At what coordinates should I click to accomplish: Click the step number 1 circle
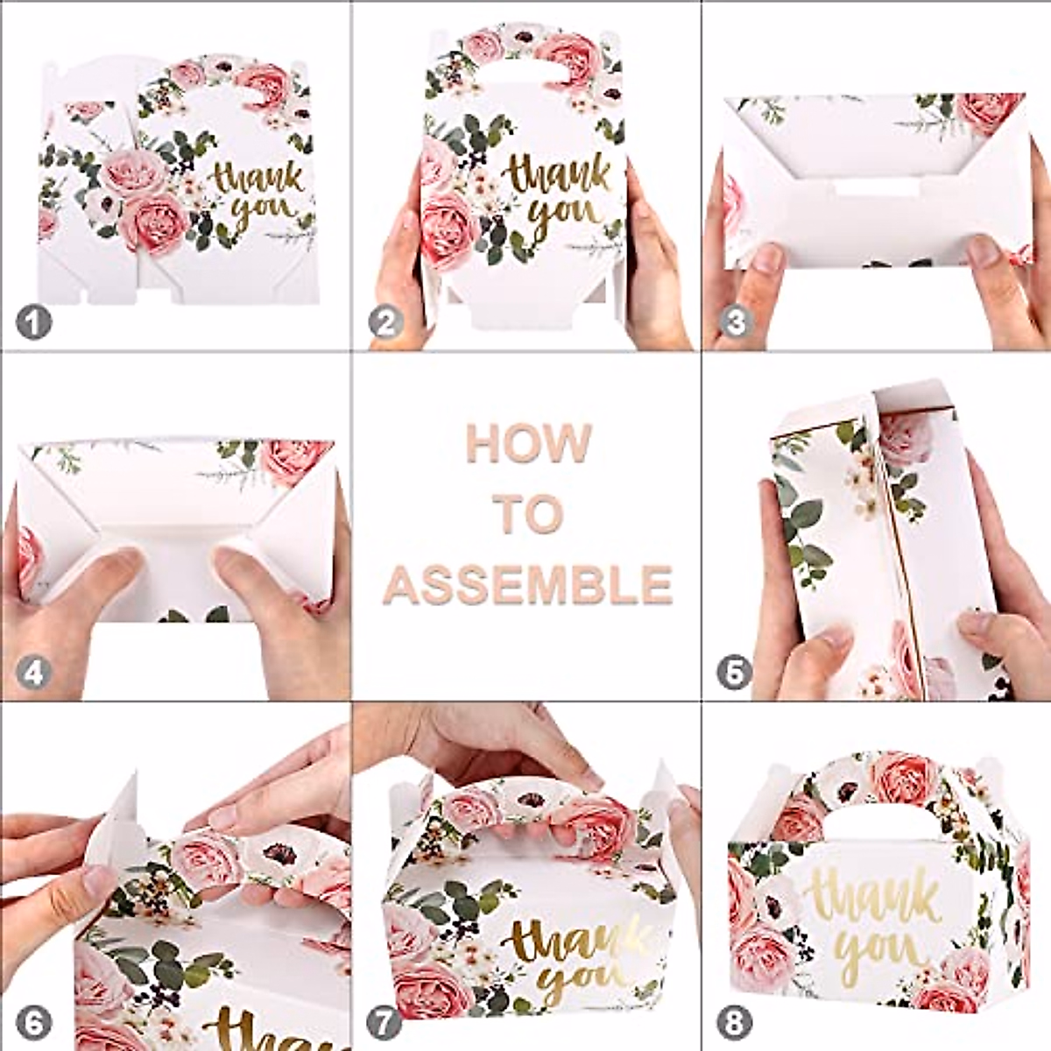click(x=33, y=323)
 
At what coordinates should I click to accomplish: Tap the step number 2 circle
click(x=385, y=323)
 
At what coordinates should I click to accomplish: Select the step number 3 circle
click(x=736, y=323)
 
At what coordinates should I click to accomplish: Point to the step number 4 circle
click(x=33, y=674)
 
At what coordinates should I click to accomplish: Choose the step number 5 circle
click(x=734, y=674)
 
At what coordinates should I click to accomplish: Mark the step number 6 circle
click(x=33, y=1022)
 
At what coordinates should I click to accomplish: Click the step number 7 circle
click(x=384, y=1022)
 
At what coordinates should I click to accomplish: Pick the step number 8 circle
click(x=734, y=1022)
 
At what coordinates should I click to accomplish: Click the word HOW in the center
click(x=528, y=444)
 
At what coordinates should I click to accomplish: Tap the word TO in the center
click(x=527, y=514)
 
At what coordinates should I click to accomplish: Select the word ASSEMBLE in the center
click(x=527, y=584)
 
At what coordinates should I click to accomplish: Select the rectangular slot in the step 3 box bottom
click(x=876, y=188)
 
